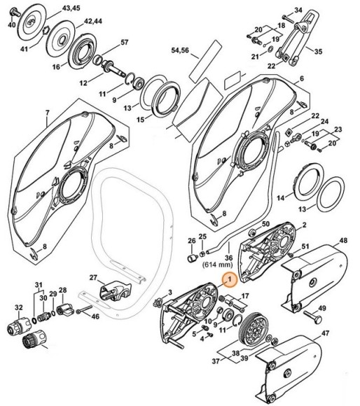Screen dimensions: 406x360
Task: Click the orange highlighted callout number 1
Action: coord(228,279)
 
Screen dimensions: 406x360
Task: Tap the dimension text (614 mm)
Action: coord(218,265)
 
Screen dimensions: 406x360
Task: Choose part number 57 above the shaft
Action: coord(124,43)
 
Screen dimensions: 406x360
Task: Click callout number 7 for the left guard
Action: coord(47,113)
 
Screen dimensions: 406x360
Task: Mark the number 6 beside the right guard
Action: coord(301,78)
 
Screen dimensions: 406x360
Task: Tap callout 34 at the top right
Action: coord(298,9)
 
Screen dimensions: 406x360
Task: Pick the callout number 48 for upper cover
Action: coord(343,241)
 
